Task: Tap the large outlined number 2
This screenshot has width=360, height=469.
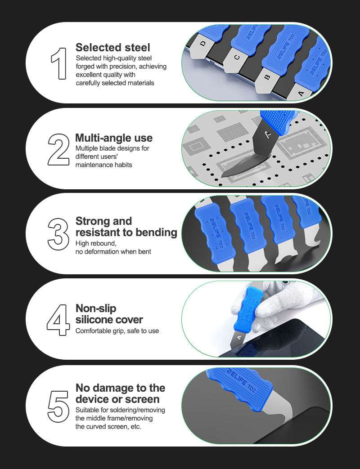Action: point(58,150)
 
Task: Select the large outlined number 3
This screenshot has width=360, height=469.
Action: point(58,234)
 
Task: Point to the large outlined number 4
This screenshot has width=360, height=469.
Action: point(58,320)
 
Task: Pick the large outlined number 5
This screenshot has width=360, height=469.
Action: point(58,406)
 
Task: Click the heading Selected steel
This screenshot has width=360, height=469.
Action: point(113,48)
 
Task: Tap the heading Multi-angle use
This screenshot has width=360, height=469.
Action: point(114,138)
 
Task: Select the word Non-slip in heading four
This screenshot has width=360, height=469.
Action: point(96,308)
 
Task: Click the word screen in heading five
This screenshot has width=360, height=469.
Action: point(143,399)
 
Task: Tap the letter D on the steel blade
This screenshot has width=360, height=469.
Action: point(203,44)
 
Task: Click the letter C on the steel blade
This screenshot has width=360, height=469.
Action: point(237,57)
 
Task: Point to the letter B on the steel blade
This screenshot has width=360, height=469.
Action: point(268,77)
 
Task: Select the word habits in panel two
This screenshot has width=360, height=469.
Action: point(123,165)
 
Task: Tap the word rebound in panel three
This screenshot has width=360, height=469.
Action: point(105,243)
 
